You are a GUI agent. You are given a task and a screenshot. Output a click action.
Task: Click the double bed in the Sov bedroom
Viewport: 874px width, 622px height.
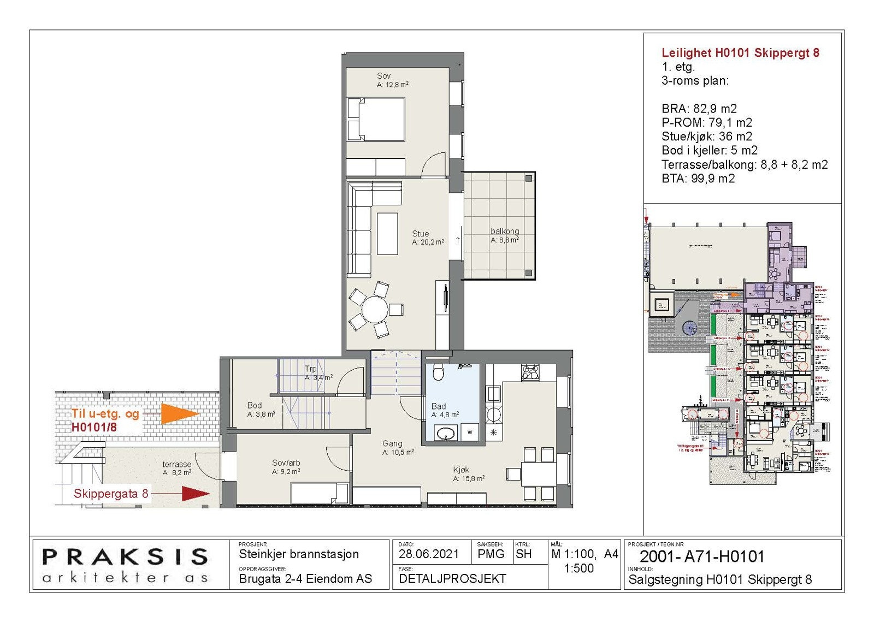pos(376,120)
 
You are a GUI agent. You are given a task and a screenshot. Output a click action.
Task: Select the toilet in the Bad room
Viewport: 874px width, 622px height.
pos(438,374)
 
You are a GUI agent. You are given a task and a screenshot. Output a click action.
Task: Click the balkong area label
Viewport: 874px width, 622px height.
pos(504,235)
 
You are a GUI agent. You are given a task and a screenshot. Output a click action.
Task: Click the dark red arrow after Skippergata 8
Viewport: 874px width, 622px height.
pos(194,494)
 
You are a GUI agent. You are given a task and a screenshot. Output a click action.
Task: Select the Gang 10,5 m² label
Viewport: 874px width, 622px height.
pos(397,448)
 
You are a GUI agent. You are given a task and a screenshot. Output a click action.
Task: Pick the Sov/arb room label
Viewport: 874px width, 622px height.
pos(286,467)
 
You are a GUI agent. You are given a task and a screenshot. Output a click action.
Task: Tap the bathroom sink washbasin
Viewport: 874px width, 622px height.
pos(446,434)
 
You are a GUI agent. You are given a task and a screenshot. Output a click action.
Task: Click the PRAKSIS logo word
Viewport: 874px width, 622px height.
pos(125,557)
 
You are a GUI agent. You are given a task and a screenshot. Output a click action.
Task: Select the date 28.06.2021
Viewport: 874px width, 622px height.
pos(429,554)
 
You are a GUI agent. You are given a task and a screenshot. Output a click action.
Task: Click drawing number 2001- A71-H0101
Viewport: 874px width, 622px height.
pos(701,556)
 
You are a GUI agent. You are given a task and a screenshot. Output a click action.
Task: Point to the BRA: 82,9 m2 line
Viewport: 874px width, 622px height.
pos(699,109)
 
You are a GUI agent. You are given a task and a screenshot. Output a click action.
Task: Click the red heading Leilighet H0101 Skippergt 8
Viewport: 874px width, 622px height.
pos(740,53)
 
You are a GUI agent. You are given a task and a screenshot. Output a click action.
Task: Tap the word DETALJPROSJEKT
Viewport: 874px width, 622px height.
pos(452,579)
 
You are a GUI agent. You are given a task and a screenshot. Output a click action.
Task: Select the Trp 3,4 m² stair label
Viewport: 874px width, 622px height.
pos(318,373)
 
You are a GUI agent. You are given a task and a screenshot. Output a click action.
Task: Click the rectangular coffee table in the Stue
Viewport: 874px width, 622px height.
pos(387,233)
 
